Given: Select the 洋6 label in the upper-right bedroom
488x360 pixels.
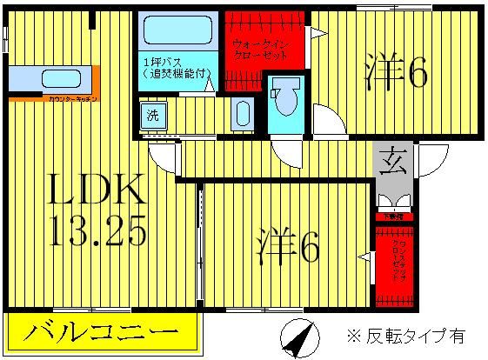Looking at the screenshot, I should (x=396, y=74).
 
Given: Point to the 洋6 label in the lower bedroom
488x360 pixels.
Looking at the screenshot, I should (x=288, y=247).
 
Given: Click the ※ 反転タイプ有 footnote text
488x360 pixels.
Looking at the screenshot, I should (x=404, y=335).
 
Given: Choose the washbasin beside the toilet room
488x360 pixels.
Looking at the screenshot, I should (x=243, y=114).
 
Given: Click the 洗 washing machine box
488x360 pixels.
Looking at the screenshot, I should (x=151, y=114).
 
